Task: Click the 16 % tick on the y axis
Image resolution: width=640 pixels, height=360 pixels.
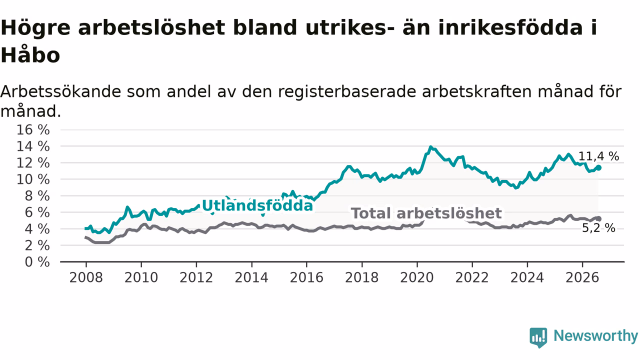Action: (x=33, y=129)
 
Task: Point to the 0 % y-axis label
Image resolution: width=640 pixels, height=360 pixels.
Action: (x=37, y=261)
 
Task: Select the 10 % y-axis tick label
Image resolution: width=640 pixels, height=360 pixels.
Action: (x=33, y=179)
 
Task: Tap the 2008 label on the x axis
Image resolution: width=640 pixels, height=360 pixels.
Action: (x=86, y=277)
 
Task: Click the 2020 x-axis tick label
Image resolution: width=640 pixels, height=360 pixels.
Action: (x=417, y=277)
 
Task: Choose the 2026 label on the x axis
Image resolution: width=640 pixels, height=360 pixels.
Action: (x=582, y=277)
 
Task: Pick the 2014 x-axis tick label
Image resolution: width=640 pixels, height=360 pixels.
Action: (x=251, y=277)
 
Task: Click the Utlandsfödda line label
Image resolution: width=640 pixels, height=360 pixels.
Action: (x=257, y=205)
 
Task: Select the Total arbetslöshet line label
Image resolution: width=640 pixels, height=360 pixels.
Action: (x=426, y=213)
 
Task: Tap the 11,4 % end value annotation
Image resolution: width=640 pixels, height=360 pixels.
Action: (x=598, y=156)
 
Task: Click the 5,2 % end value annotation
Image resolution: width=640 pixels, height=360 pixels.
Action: (x=598, y=228)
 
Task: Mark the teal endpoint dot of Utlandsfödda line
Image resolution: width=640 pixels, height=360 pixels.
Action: (x=598, y=167)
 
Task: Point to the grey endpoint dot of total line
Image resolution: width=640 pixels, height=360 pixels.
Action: (x=598, y=219)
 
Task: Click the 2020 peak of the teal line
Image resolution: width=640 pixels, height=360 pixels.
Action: (x=430, y=147)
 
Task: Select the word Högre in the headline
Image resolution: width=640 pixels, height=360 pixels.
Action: (x=35, y=28)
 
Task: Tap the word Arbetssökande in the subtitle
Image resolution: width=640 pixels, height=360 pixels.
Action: (x=60, y=91)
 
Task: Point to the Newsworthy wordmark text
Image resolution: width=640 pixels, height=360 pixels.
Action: (x=595, y=335)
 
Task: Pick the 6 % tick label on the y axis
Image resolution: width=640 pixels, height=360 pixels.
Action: (x=37, y=212)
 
